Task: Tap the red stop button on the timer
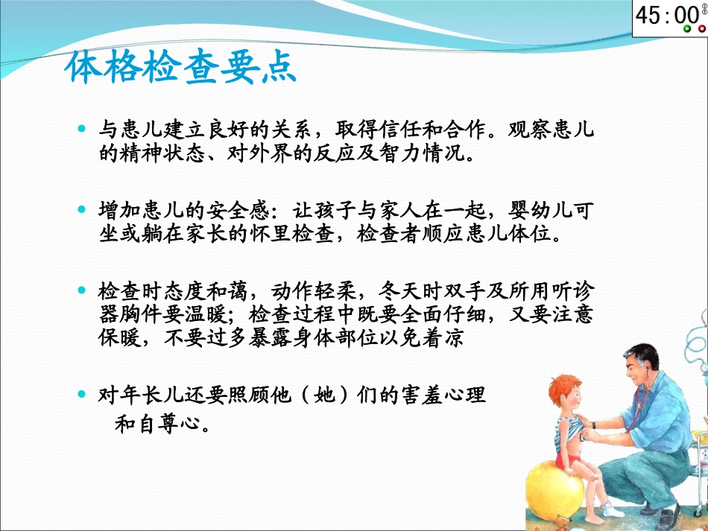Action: tap(702, 29)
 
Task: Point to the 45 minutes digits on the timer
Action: tap(651, 15)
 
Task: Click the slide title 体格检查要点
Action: tap(180, 69)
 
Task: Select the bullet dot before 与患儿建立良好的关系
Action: tap(83, 129)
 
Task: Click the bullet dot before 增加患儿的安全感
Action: tap(83, 210)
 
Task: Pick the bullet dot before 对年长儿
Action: tap(83, 391)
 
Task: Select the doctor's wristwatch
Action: tap(595, 425)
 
